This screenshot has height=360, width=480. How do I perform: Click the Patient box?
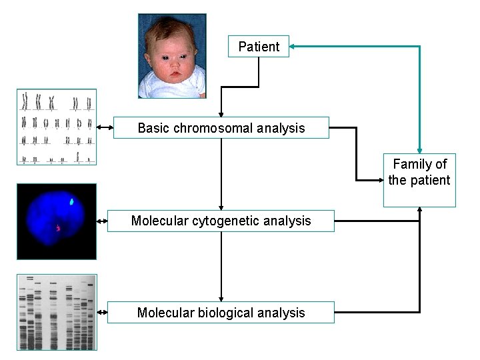[x=259, y=47]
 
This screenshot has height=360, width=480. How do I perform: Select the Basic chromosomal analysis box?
[x=221, y=128]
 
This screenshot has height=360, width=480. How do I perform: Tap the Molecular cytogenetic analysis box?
[x=221, y=221]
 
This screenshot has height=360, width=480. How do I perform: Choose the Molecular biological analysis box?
[x=221, y=313]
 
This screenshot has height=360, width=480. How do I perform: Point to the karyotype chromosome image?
[x=57, y=127]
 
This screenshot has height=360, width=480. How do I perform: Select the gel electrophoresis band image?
[x=57, y=312]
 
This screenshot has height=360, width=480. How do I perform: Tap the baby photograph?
[x=172, y=56]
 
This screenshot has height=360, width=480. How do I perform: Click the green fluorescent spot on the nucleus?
[x=72, y=200]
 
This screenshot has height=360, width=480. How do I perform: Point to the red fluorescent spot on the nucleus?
[x=58, y=229]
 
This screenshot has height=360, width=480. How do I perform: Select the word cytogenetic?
[x=225, y=221]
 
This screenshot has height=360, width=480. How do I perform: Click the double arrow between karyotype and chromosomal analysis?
[x=105, y=127]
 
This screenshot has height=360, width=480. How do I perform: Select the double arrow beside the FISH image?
[x=102, y=221]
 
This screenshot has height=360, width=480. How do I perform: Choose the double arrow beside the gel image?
[x=102, y=312]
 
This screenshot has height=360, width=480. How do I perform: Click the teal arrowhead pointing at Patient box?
[x=294, y=47]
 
